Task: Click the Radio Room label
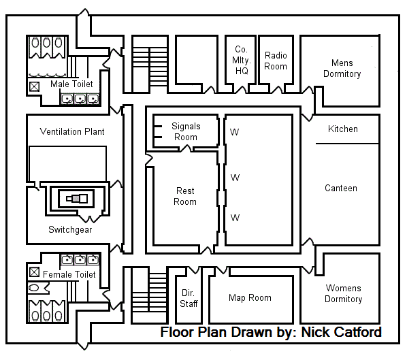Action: [276, 61]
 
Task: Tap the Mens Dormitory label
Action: [342, 68]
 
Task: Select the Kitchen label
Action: [343, 129]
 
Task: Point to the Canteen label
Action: [341, 188]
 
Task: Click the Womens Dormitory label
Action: [344, 293]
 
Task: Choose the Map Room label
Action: [250, 297]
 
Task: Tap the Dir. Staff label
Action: [189, 298]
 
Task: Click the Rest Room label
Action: [185, 196]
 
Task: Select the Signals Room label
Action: [186, 131]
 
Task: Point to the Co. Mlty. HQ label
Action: [242, 60]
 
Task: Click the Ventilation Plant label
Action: [72, 131]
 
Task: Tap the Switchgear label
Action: [70, 230]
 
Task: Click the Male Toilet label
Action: [71, 84]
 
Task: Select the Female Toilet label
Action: [69, 274]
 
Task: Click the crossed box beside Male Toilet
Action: [34, 86]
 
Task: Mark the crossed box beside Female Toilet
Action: [34, 272]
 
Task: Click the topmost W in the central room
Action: [234, 132]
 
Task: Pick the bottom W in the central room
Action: [235, 218]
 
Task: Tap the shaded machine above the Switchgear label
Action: [77, 199]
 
